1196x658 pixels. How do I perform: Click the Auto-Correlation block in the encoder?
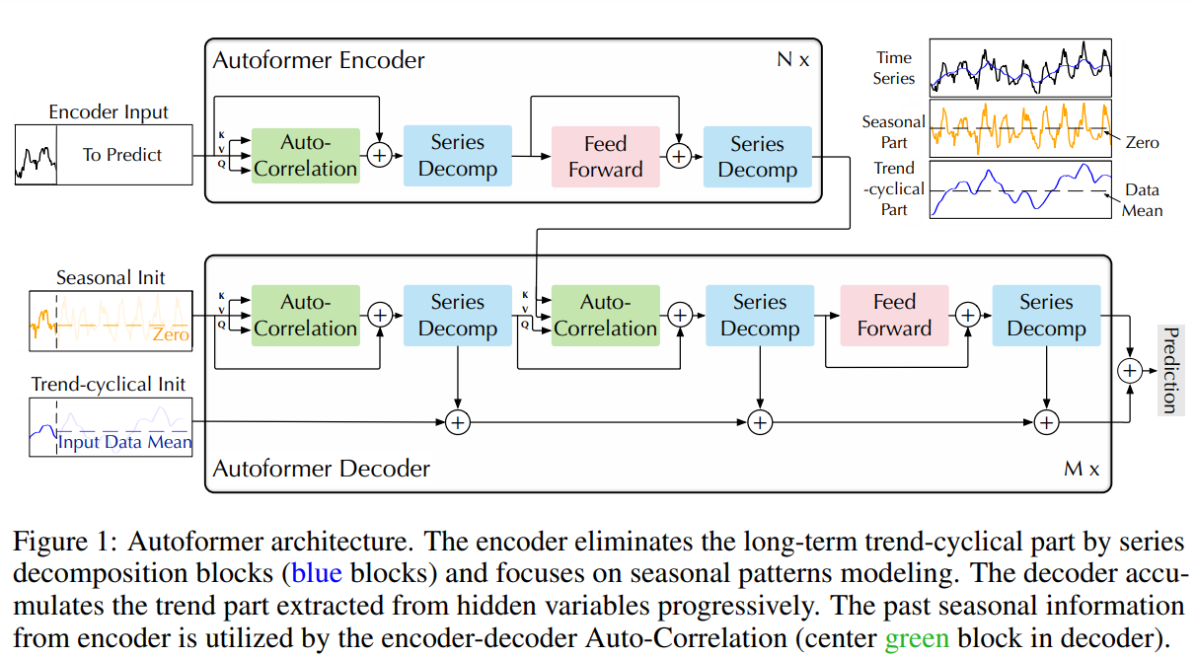(x=305, y=156)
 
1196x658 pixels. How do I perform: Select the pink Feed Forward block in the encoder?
(x=605, y=156)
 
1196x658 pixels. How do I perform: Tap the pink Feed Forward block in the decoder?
(x=894, y=316)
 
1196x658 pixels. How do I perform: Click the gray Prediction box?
(x=1169, y=370)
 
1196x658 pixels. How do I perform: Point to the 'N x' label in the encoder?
(x=792, y=60)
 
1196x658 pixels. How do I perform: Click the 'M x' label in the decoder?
(x=1082, y=469)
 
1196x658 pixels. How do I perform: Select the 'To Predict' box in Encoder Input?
(x=123, y=155)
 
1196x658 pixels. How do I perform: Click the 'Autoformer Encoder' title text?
(x=319, y=60)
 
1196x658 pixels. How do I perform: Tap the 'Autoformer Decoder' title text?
(x=322, y=469)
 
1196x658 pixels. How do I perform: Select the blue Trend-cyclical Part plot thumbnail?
(x=1020, y=188)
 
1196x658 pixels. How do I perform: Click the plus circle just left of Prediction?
(x=1129, y=370)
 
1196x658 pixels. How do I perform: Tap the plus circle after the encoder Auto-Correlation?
(x=379, y=155)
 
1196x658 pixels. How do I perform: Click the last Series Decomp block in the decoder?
(x=1046, y=316)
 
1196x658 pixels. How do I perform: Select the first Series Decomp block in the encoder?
(x=458, y=156)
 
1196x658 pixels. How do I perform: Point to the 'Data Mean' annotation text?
(x=1142, y=199)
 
